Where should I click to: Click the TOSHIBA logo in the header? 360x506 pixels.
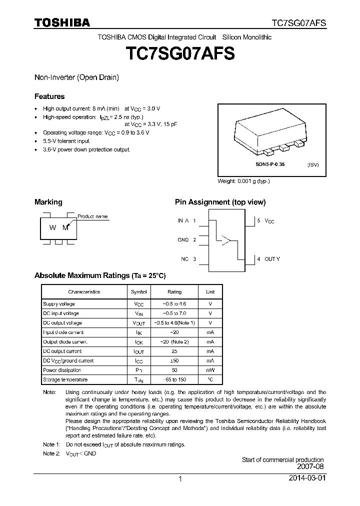coord(62,22)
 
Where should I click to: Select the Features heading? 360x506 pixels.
coord(49,96)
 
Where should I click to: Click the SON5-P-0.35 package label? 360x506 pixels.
coord(270,164)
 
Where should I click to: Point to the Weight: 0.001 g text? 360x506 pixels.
coord(243,181)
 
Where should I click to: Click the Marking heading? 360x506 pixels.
coord(48,202)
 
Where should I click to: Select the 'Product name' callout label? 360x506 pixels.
coord(92,216)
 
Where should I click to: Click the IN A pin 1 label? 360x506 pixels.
coord(186,220)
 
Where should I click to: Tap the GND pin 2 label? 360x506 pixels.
coord(186,240)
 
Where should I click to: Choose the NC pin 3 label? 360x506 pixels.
coord(188,259)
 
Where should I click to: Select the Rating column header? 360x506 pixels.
coord(174,291)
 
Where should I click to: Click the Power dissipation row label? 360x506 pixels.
coord(62,370)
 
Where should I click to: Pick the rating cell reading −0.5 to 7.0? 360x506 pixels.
coord(174,313)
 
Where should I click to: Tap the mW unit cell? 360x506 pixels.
coord(210,370)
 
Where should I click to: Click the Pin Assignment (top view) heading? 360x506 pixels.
coord(220,202)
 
